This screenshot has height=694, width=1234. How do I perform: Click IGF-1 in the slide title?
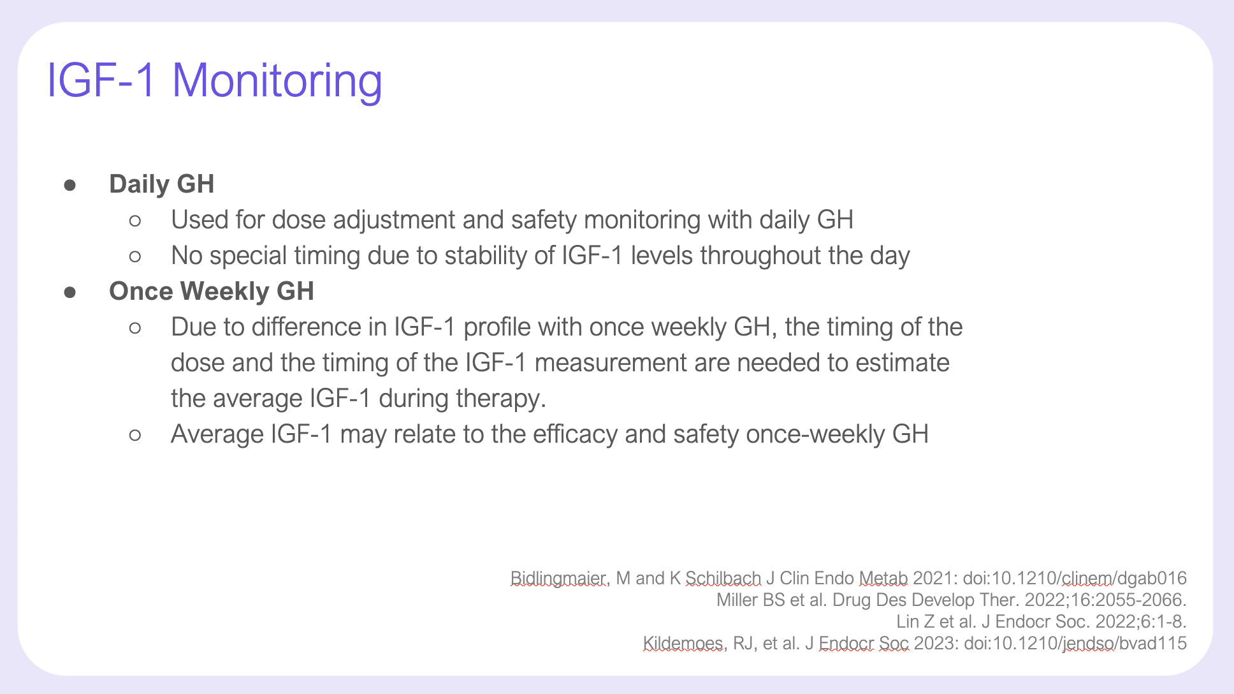101,80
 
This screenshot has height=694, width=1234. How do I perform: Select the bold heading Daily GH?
161,184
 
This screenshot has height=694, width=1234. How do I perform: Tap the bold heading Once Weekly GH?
212,291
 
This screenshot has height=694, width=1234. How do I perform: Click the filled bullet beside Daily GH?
70,185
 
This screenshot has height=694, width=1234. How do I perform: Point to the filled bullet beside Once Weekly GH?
70,292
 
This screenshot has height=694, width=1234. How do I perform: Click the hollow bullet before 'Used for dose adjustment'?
134,221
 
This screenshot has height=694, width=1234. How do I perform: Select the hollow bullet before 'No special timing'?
134,256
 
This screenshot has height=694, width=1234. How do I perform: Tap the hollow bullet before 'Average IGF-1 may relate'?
134,435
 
